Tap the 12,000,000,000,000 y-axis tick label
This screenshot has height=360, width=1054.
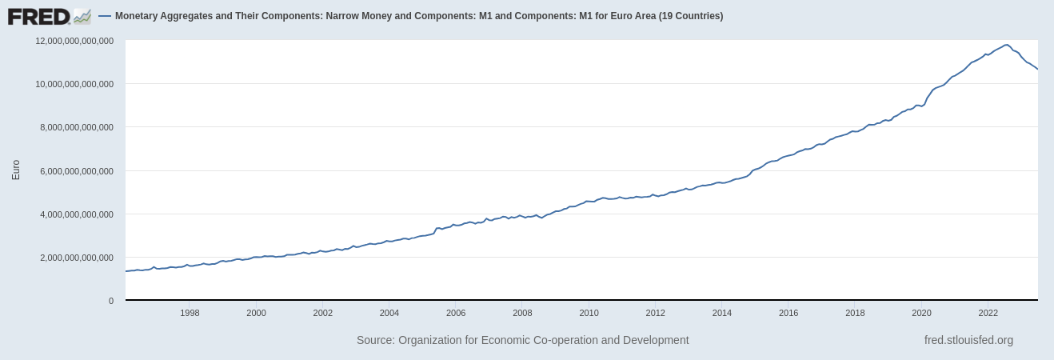[x=74, y=41]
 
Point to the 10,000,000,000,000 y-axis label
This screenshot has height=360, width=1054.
[x=74, y=84]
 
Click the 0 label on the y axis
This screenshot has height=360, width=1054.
[x=111, y=301]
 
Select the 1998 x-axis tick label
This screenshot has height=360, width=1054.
[x=190, y=313]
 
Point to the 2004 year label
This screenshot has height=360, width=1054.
[x=389, y=313]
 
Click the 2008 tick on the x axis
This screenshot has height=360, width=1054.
[x=522, y=313]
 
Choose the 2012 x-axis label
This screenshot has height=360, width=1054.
[x=656, y=313]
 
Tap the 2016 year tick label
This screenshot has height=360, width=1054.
[x=789, y=313]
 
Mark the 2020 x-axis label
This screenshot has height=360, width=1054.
[x=921, y=313]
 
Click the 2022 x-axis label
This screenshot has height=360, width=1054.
[x=988, y=313]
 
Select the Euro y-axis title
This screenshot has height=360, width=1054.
[x=16, y=170]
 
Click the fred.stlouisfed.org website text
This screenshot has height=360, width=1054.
[x=968, y=340]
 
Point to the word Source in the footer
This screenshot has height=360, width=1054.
[x=374, y=340]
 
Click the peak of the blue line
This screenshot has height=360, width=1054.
[x=1006, y=45]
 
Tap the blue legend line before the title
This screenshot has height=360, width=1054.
[x=105, y=16]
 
